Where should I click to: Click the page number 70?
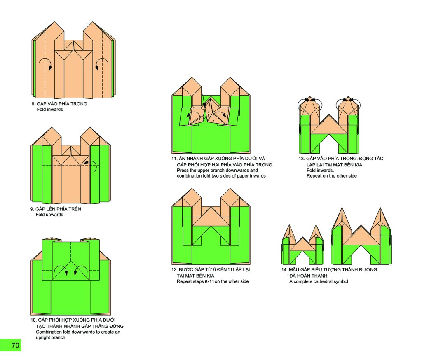tap(15, 345)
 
